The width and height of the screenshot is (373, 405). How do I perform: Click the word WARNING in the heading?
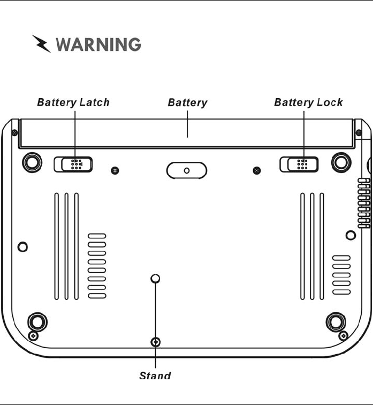(x=98, y=44)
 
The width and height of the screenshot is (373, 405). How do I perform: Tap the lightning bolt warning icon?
(x=41, y=44)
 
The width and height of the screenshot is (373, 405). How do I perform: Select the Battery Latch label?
(x=73, y=102)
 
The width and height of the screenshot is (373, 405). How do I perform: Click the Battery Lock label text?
(x=308, y=102)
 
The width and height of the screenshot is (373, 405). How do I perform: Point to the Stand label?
(x=155, y=376)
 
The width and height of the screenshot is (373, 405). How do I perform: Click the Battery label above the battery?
(x=187, y=102)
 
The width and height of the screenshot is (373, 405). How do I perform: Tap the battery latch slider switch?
(x=73, y=164)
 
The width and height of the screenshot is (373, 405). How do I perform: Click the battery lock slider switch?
(x=299, y=164)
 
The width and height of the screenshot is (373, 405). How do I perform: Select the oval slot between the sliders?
(x=186, y=170)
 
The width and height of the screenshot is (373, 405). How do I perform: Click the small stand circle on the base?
(x=156, y=279)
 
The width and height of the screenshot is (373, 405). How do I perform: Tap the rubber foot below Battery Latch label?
(x=32, y=161)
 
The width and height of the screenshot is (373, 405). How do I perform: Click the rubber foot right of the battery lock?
(x=340, y=161)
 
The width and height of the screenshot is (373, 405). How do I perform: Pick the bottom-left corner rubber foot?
(x=37, y=321)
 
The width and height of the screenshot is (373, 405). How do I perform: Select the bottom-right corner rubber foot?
(x=336, y=321)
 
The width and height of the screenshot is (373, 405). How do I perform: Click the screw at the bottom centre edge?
(x=156, y=342)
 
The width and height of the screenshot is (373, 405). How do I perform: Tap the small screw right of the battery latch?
(x=115, y=170)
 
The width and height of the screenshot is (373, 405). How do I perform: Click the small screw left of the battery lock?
(x=257, y=170)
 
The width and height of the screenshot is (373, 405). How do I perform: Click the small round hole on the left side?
(x=22, y=247)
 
